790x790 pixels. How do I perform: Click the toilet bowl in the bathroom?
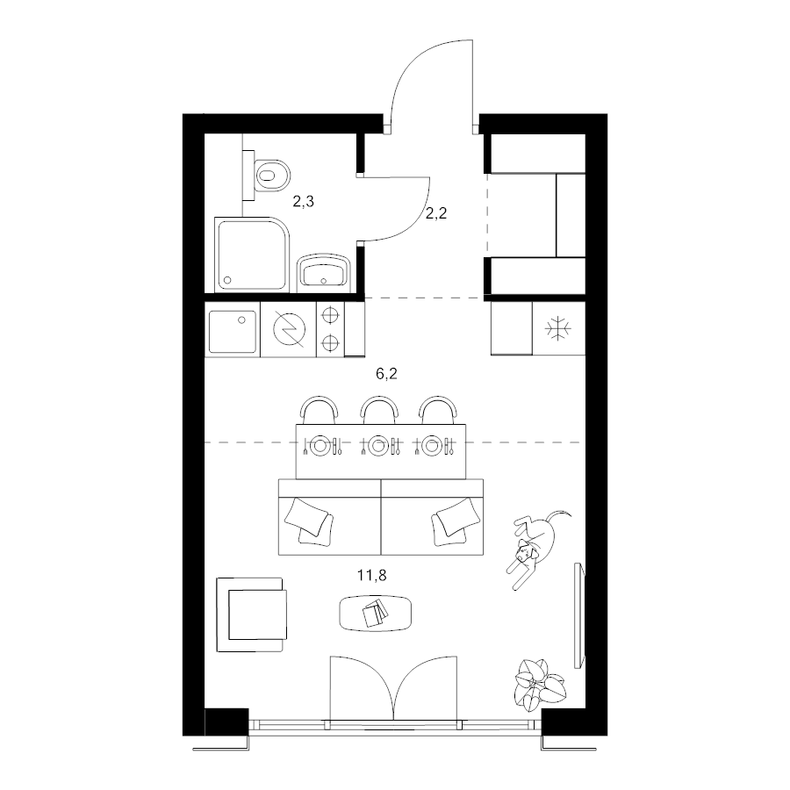[273, 176]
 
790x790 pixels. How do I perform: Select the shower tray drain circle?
[227, 280]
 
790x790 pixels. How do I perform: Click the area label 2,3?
[304, 202]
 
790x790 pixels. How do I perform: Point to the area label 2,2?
[436, 213]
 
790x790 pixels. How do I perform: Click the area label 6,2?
[386, 373]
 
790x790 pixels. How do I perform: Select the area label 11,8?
[372, 575]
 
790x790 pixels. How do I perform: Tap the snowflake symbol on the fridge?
[558, 329]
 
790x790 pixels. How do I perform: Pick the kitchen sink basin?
[233, 332]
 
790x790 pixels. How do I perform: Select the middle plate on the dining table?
[378, 446]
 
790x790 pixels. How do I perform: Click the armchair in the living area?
[252, 614]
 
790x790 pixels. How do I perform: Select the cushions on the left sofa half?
[309, 521]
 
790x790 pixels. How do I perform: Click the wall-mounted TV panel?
[579, 615]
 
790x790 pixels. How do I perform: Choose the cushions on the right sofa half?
[454, 521]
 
